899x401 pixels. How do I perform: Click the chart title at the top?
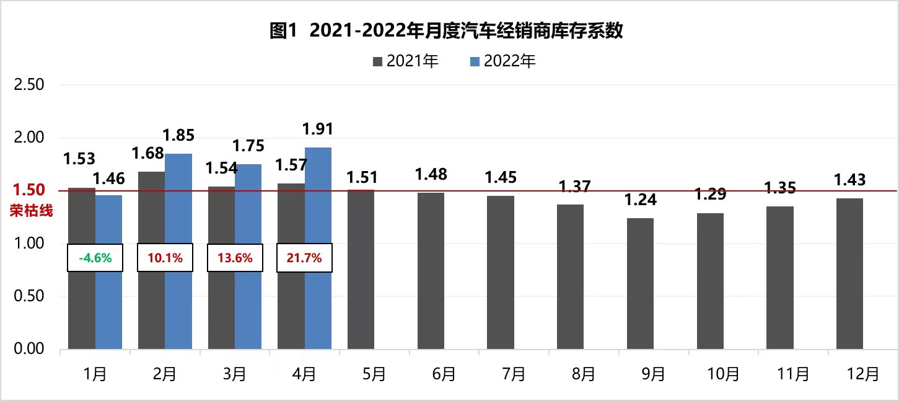pos(446,31)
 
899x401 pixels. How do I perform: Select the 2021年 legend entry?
pos(405,61)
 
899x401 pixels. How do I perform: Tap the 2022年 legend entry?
pos(502,61)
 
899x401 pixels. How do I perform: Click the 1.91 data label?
pos(317,129)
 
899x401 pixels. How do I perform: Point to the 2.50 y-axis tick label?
pos(29,84)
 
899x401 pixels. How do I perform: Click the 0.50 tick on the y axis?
pos(29,296)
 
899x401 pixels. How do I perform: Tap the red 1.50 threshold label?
pos(29,190)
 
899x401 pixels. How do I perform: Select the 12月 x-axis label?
pos(849,374)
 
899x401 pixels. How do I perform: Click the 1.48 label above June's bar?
pos(431,175)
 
